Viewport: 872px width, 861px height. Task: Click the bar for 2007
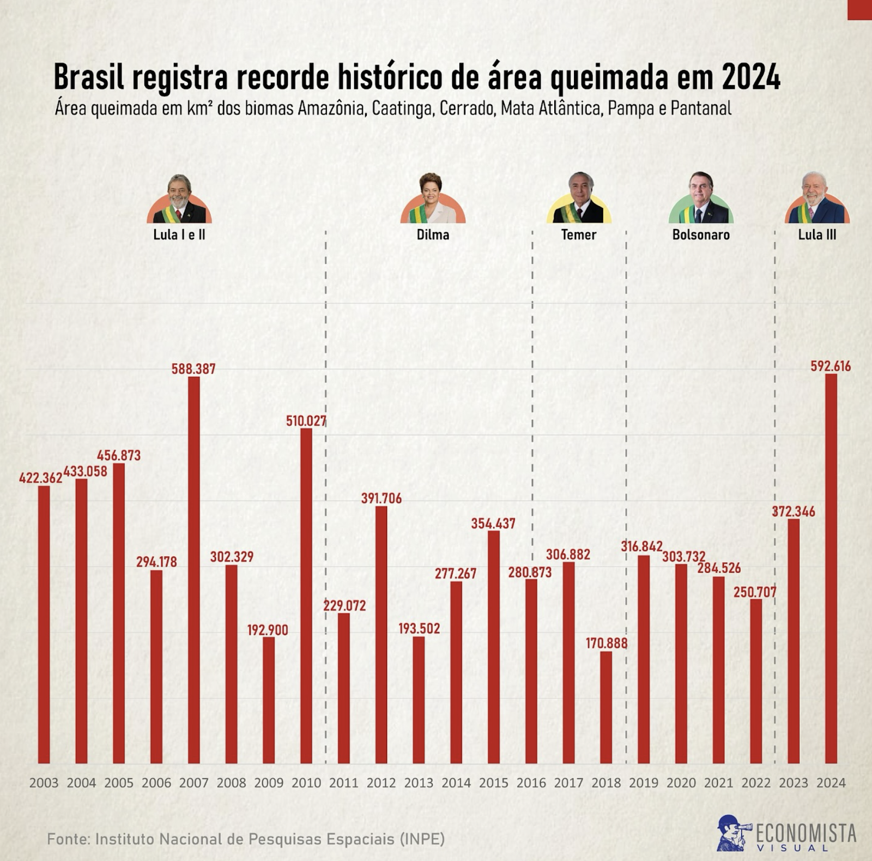tap(193, 570)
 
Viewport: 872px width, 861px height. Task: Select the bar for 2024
tap(831, 568)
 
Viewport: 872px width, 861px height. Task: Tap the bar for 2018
tap(606, 707)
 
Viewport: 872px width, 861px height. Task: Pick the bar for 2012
tap(381, 635)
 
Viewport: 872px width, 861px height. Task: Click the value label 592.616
tap(830, 366)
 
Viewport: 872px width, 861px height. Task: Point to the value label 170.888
tap(607, 643)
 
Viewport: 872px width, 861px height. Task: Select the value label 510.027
tap(306, 421)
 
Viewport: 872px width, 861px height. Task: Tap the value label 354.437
tap(493, 523)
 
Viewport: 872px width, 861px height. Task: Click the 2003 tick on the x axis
tap(44, 783)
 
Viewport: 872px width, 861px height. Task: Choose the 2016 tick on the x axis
tap(531, 783)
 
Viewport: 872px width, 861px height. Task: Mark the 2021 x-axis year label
tap(718, 783)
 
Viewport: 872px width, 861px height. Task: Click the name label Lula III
tap(817, 235)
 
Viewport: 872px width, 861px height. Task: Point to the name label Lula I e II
tap(179, 235)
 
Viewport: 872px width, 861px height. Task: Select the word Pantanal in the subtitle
tap(701, 109)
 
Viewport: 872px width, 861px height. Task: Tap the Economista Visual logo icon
tap(732, 833)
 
